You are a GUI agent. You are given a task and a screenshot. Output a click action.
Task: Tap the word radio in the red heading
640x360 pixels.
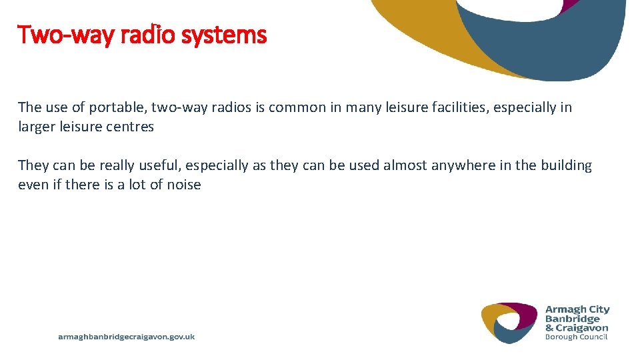(155, 34)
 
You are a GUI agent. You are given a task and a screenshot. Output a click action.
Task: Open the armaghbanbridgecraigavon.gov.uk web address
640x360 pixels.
(127, 337)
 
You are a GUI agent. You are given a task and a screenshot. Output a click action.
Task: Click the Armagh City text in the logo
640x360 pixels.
(577, 309)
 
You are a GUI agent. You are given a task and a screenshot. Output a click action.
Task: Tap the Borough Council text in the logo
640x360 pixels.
(576, 337)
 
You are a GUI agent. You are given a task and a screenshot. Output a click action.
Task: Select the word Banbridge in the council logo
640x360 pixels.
(573, 319)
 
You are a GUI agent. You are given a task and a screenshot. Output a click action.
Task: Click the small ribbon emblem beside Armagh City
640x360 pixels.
(509, 323)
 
